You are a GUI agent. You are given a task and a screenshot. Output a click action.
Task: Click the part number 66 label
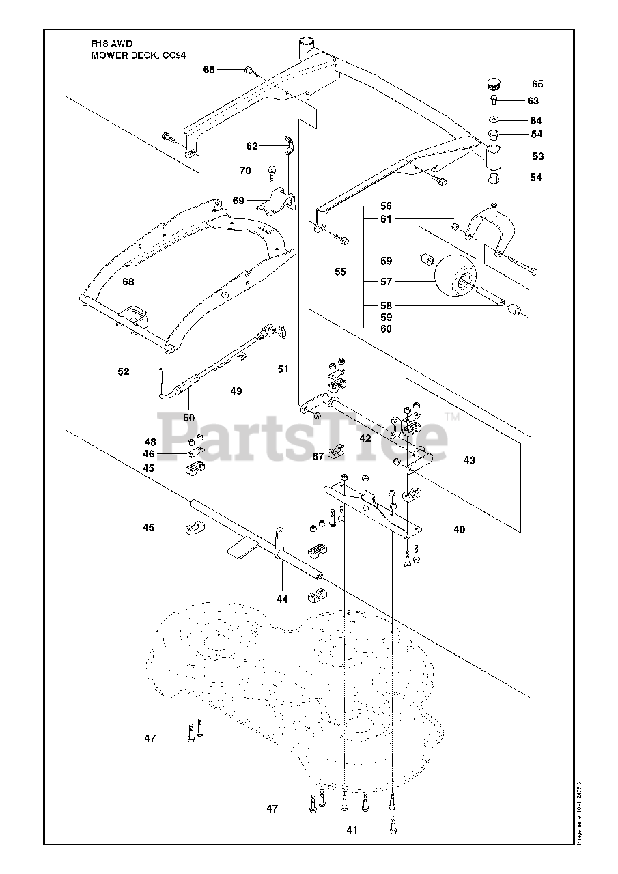pos(209,70)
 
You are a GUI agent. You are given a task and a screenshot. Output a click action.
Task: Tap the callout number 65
pos(537,84)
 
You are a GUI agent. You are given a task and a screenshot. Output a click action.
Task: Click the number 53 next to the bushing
pos(537,156)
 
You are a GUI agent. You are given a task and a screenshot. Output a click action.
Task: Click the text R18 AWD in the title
pos(109,45)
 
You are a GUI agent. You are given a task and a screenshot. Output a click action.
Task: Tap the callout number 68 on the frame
pos(128,281)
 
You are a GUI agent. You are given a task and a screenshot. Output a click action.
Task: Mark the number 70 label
pos(245,170)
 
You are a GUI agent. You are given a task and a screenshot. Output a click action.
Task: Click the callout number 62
pos(252,145)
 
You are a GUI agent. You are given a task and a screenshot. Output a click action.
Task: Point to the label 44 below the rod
pos(282,599)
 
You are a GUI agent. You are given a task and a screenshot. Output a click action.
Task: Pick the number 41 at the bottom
pos(352,830)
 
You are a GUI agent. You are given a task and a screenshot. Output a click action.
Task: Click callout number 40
pos(459,529)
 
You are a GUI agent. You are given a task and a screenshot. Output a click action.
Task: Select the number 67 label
pos(318,457)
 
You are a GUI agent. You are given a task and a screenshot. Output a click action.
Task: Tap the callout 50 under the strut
pos(188,417)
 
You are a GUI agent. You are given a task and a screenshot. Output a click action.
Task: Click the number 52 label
pos(124,371)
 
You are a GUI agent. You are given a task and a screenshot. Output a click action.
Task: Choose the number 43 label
pos(469,460)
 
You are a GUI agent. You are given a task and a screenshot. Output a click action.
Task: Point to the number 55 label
pos(340,272)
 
